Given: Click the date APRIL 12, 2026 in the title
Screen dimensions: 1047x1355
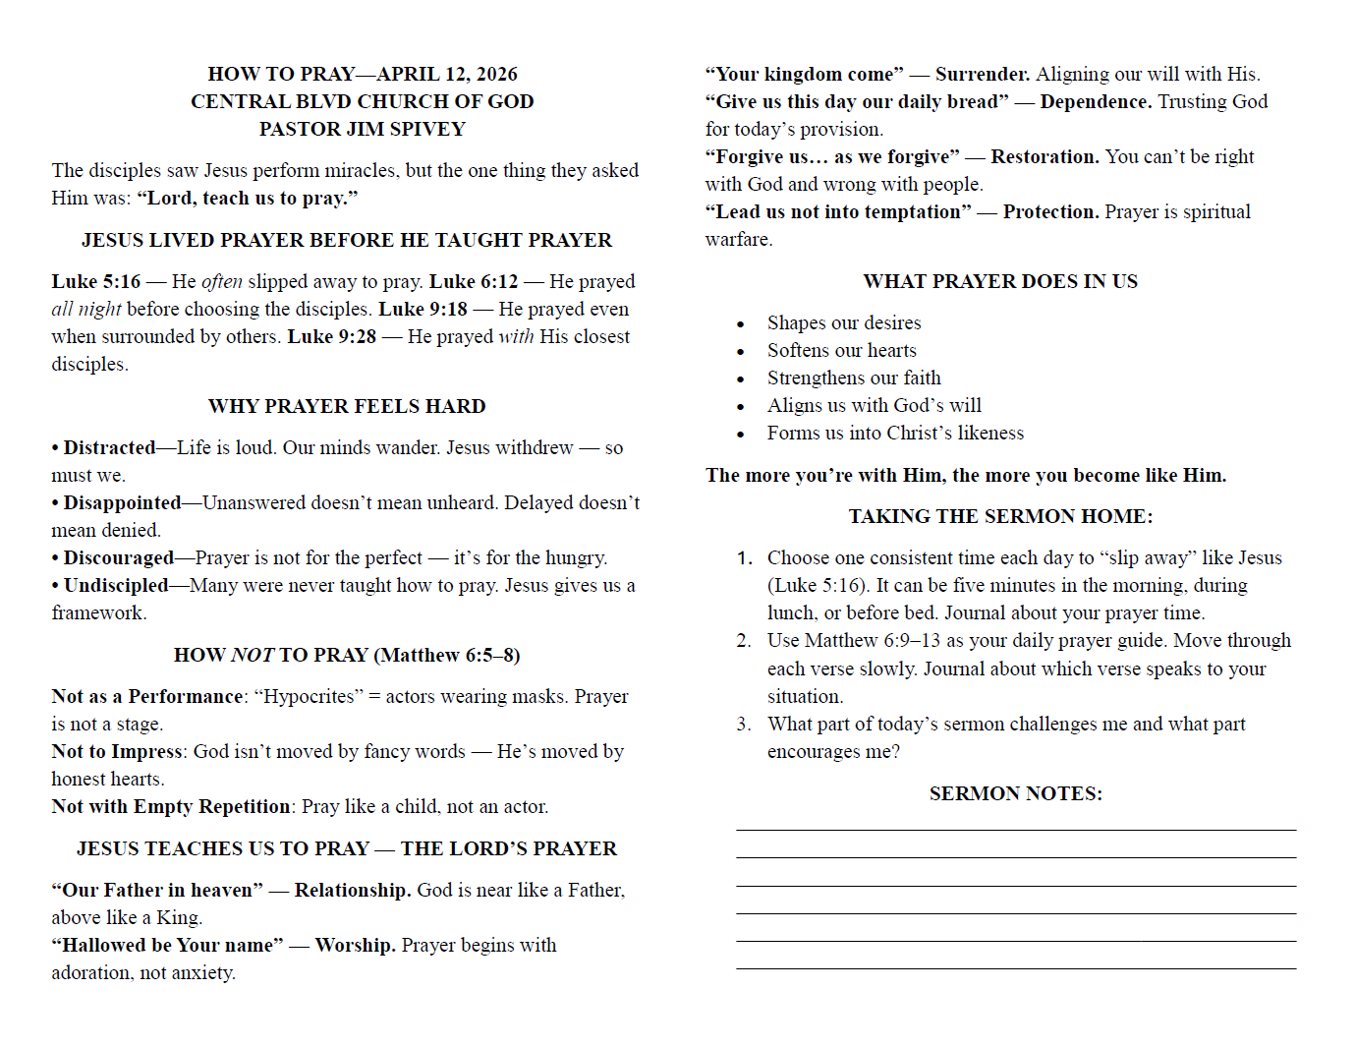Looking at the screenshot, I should (447, 74).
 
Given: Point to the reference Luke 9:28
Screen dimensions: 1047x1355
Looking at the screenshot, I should (331, 336).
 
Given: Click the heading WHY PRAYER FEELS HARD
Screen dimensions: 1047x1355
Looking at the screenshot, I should (347, 406).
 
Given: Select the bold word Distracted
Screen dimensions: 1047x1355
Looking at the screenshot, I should (109, 447).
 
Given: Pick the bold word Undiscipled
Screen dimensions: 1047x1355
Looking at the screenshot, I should (116, 585).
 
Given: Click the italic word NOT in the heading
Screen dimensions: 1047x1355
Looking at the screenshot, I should (253, 655).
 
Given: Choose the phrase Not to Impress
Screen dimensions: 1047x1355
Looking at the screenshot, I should (117, 751).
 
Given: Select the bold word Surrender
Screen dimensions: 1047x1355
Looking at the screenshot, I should (983, 74).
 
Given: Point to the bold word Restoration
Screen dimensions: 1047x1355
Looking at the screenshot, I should (1044, 156).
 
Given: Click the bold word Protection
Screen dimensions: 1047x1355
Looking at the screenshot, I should (1050, 211).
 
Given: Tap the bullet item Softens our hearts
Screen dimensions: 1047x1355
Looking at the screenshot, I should (841, 350).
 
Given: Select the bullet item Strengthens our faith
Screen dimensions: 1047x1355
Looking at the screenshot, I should (853, 378).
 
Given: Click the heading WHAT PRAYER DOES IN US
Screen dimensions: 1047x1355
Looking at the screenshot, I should (1000, 281).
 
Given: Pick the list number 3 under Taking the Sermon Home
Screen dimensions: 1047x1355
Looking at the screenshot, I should (743, 725).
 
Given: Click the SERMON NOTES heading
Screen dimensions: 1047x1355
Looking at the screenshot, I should (1015, 793).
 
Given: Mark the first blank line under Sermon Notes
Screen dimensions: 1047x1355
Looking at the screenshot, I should (1015, 830).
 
